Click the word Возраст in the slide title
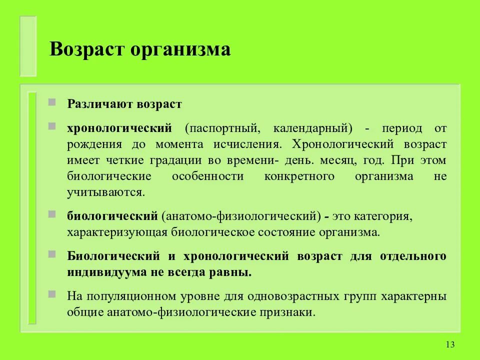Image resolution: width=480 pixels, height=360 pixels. point(85,50)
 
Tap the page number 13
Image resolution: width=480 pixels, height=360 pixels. point(449,344)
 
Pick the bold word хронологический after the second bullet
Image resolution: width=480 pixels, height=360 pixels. point(119,128)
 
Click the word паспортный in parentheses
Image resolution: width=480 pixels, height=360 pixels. point(223,128)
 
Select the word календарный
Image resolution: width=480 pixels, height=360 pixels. point(312,128)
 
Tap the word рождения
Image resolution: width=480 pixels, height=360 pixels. point(94,144)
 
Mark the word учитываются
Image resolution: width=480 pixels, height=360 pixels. point(106,192)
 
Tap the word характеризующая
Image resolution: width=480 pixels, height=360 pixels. point(118,232)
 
